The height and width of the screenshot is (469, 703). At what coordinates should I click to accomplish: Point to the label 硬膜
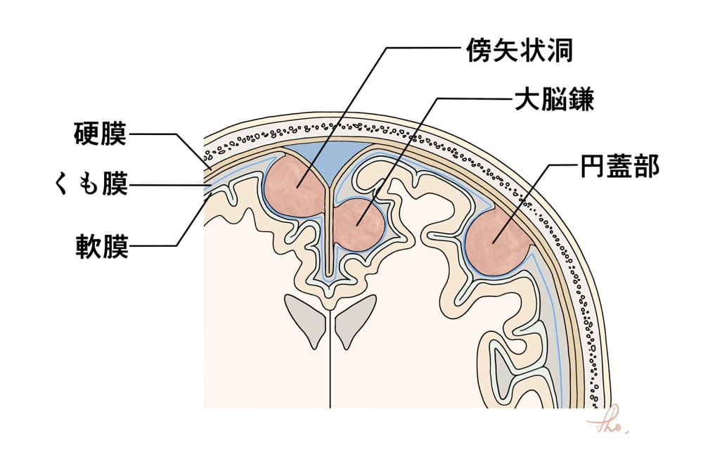click(101, 133)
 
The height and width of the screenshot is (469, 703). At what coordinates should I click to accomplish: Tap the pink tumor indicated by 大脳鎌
click(359, 224)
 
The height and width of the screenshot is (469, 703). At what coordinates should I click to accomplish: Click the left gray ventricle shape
click(304, 316)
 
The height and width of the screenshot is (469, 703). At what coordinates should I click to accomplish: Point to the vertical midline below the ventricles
click(330, 373)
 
